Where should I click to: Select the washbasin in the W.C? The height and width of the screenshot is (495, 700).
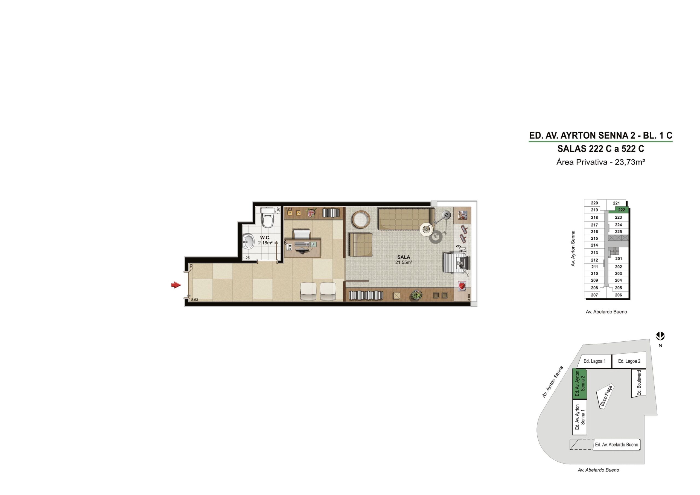pos(249,241)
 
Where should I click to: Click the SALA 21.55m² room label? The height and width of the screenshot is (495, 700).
pos(404,260)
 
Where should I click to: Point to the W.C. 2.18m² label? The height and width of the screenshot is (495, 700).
pos(265,240)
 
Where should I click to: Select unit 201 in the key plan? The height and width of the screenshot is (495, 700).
pos(618,259)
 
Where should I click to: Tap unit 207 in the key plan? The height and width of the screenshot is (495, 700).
pos(594,295)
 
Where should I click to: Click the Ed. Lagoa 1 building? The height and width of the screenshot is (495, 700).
pos(594,361)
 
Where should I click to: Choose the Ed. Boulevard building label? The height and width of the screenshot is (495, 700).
pos(639,383)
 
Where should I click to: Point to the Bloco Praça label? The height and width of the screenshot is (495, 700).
pos(606,396)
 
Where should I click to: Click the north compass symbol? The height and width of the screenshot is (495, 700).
pos(660,336)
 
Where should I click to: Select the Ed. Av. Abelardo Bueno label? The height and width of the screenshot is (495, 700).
pos(616,445)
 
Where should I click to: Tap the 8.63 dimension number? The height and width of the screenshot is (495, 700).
pos(194,300)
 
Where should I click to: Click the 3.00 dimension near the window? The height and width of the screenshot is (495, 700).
pos(469,297)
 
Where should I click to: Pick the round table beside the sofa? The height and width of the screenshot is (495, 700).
pos(361,219)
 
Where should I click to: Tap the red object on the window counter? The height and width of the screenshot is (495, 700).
pos(462,286)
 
